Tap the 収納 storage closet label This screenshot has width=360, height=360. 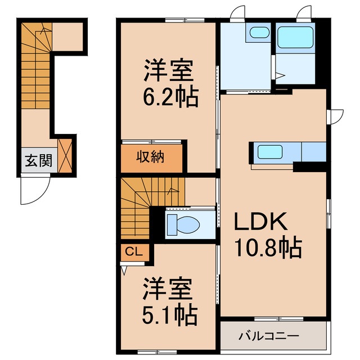[151, 158]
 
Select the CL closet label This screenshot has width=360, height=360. [133, 252]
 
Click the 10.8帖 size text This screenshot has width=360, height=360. [269, 246]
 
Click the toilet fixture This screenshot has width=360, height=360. [183, 224]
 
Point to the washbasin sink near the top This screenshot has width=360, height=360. [259, 33]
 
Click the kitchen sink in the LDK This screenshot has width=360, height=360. [270, 151]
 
